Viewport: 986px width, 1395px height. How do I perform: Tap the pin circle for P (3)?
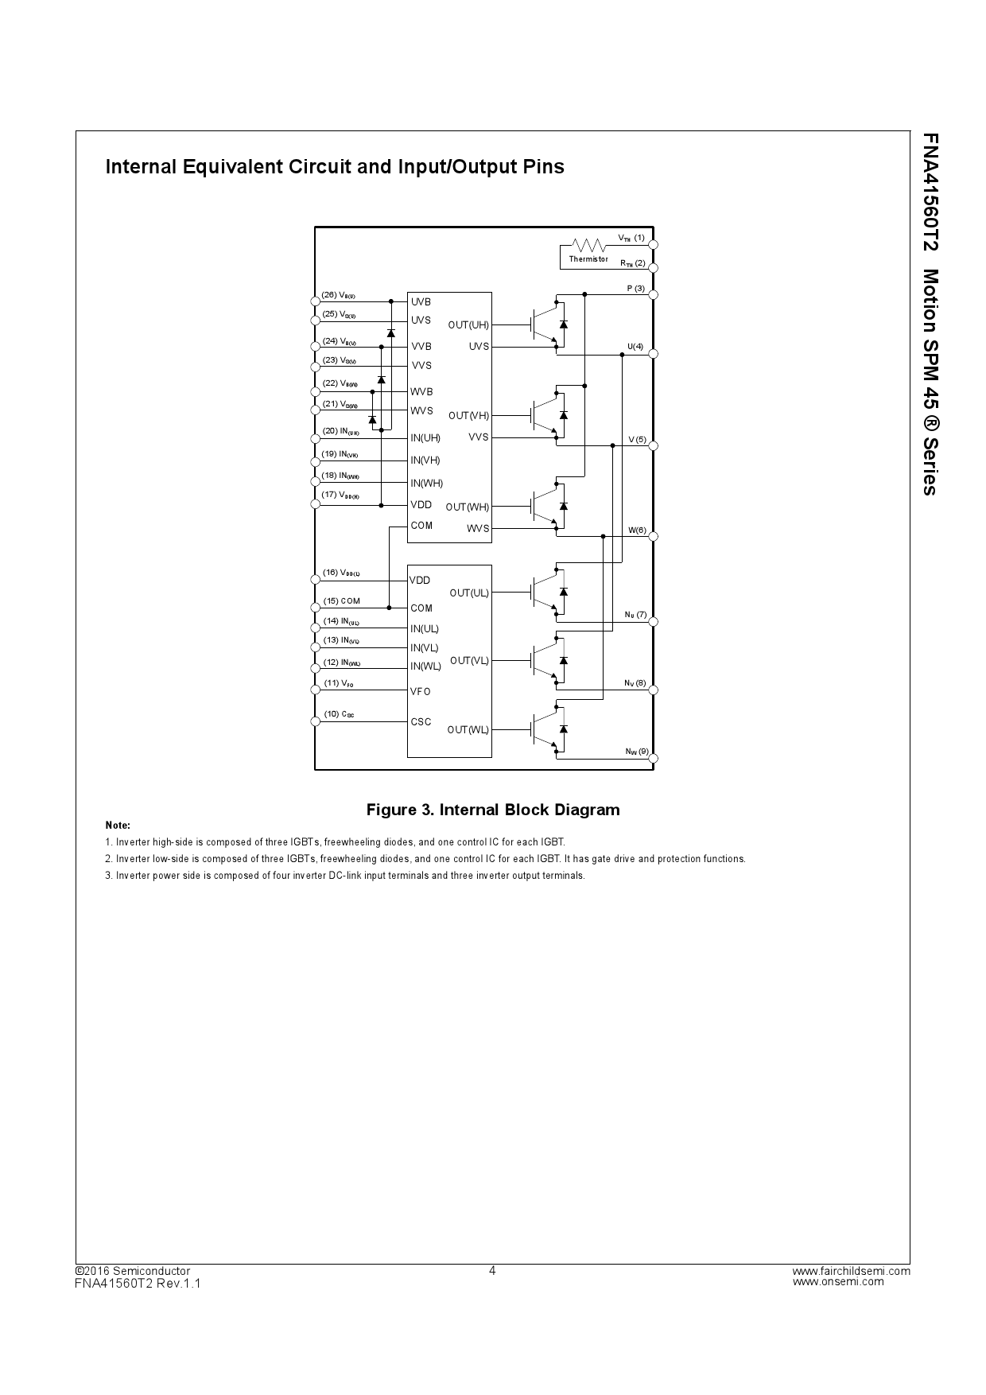[x=654, y=295]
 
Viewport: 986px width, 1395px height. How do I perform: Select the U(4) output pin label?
[x=635, y=347]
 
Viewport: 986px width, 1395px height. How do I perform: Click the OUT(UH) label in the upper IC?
[x=468, y=324]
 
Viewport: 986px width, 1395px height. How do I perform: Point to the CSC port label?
[x=421, y=722]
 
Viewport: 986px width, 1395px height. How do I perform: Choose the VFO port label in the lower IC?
[x=421, y=692]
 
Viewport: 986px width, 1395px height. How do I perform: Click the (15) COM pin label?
[x=342, y=601]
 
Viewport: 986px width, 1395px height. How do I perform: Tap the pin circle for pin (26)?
[x=315, y=301]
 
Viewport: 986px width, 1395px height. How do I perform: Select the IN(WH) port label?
[x=427, y=484]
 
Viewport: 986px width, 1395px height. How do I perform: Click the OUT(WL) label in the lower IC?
[x=468, y=730]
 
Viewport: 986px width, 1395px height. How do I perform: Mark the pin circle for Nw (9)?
[x=654, y=759]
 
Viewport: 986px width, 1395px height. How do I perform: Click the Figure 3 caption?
[x=492, y=810]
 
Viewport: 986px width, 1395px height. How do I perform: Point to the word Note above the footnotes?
[x=118, y=826]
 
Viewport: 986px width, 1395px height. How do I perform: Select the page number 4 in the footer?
[x=492, y=1270]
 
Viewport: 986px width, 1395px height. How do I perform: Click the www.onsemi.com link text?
[x=838, y=1281]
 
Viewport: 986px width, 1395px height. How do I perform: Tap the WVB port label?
[x=421, y=392]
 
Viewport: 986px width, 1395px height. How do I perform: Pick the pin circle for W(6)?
[x=654, y=537]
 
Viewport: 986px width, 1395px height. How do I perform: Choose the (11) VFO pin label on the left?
[x=339, y=683]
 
